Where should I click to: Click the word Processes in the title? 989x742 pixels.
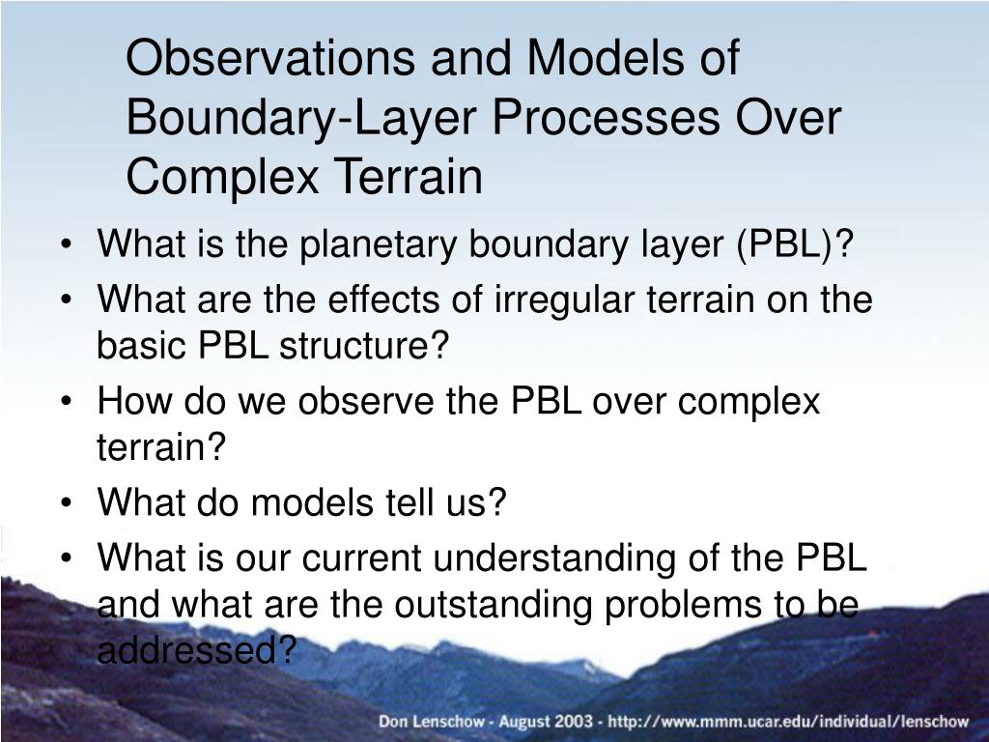pos(606,117)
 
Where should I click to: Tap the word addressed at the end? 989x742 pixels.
pos(187,649)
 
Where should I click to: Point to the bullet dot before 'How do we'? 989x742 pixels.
pos(67,402)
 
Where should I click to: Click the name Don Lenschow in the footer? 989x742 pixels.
pos(432,721)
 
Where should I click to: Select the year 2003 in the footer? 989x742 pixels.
pos(575,721)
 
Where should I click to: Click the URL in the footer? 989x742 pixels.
pos(788,721)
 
